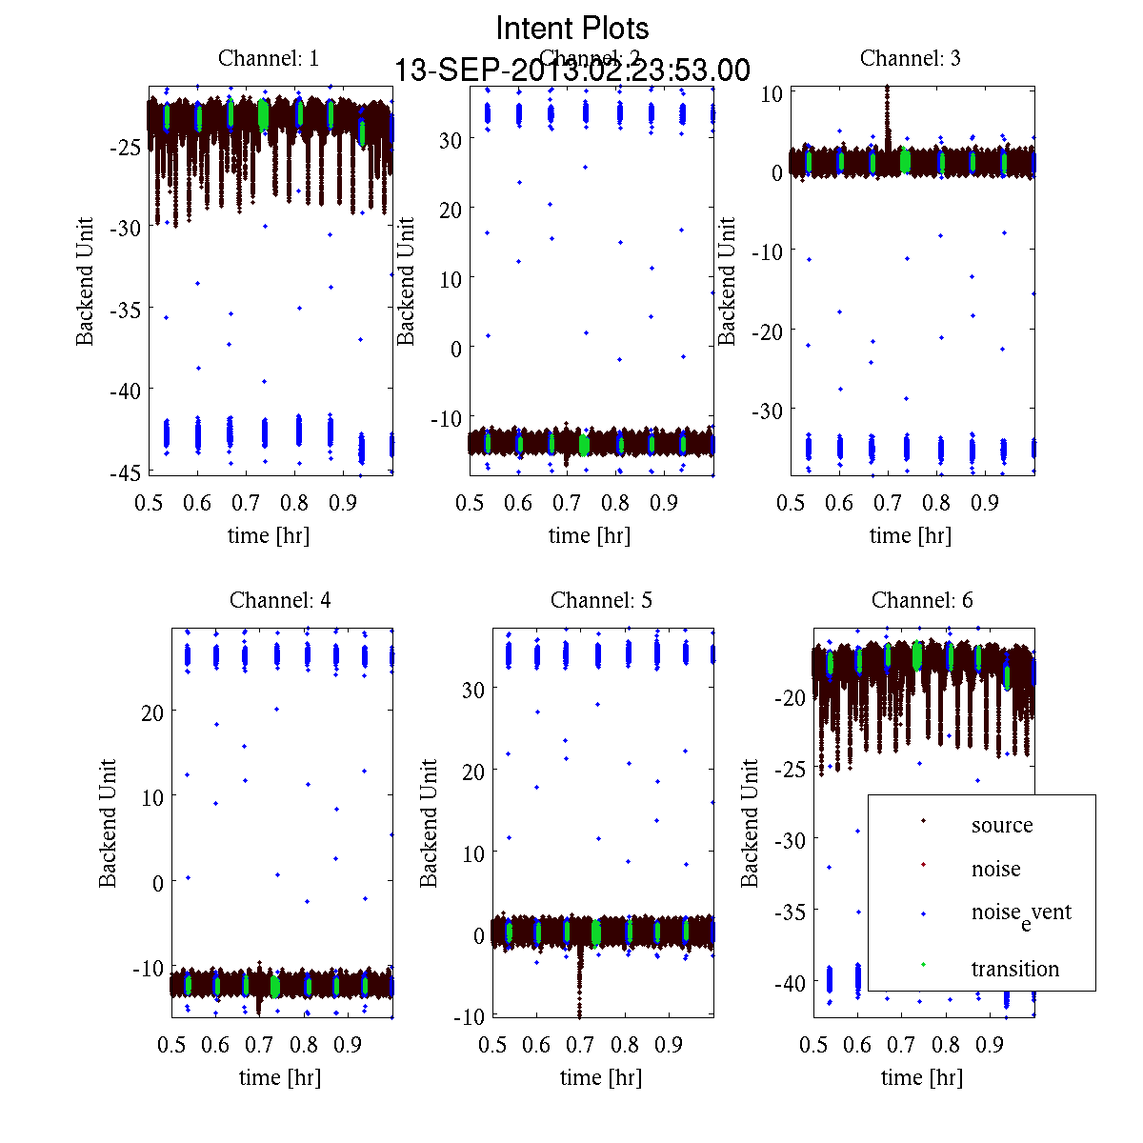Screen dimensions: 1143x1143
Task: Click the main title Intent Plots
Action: coord(572,28)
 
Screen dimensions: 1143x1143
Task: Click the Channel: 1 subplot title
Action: coord(269,58)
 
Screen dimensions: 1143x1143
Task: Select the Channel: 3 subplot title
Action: coord(910,58)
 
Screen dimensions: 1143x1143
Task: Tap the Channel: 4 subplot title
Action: coord(280,600)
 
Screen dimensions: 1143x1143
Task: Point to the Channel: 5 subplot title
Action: coord(601,600)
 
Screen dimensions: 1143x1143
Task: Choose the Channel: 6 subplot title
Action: coord(922,600)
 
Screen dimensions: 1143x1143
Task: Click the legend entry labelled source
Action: coord(1001,825)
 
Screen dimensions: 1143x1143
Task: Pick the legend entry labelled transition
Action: coord(1014,969)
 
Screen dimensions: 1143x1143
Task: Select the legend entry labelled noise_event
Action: coord(1020,912)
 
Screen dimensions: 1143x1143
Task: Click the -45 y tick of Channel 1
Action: coord(126,471)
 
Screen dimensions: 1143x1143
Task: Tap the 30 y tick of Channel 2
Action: coord(450,139)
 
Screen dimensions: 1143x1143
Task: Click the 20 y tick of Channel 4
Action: coord(152,712)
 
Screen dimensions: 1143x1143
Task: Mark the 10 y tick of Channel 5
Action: coord(473,853)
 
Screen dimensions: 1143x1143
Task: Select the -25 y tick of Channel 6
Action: coord(793,768)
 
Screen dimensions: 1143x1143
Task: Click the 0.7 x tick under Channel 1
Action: coord(246,503)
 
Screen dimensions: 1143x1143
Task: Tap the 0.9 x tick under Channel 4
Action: coord(348,1045)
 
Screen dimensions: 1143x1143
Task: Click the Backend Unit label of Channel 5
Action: coord(430,823)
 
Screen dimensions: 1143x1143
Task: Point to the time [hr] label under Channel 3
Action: coord(910,535)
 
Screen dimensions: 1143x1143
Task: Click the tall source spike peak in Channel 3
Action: coord(887,89)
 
